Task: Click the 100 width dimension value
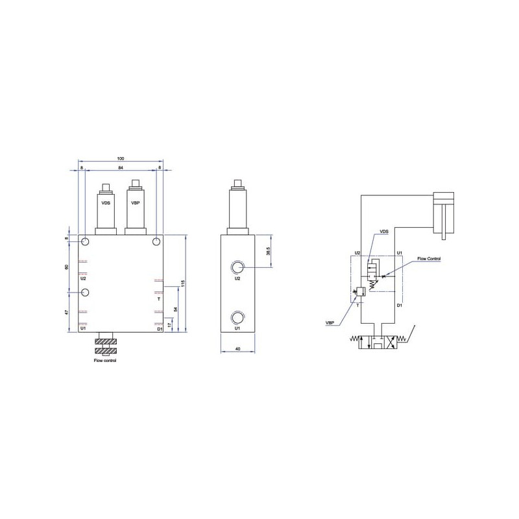pos(121,158)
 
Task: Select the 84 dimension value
pos(121,168)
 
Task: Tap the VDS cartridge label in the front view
pos(106,203)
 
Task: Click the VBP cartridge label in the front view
pos(136,203)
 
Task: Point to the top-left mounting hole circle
pos(85,241)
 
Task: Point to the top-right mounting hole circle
pos(156,241)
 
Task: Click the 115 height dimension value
pos(182,284)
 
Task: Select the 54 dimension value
pos(176,309)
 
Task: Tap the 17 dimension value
pos(169,326)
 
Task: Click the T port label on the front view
pos(159,299)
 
